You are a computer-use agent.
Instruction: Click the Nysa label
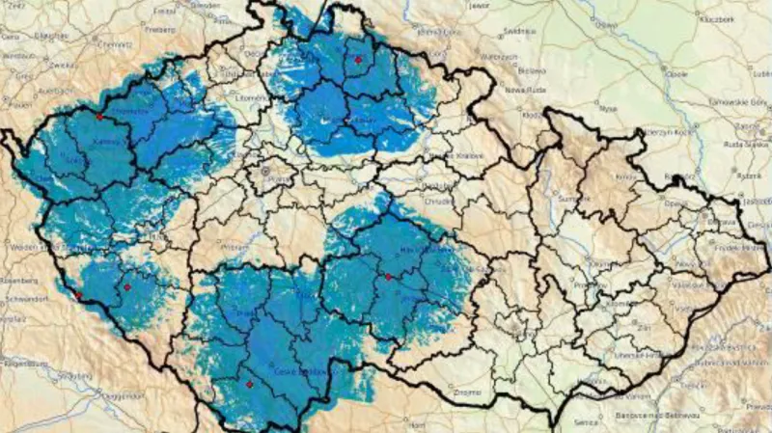(x=607, y=109)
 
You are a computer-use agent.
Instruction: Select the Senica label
(x=588, y=421)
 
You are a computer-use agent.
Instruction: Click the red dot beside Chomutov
(x=98, y=117)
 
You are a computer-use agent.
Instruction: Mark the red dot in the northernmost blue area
(x=358, y=60)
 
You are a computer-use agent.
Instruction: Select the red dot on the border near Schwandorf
(x=76, y=295)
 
